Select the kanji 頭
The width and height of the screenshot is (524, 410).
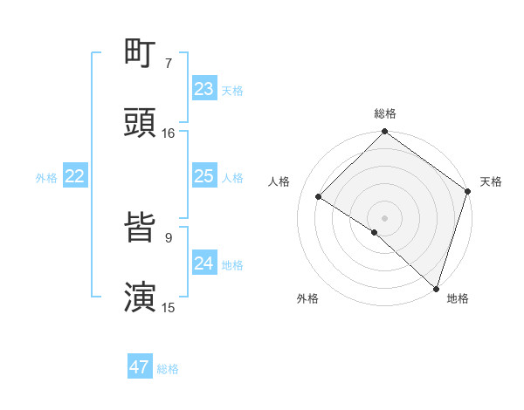140,122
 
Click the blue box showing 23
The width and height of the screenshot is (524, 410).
204,89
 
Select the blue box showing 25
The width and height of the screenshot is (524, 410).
204,176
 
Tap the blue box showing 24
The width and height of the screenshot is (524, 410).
204,263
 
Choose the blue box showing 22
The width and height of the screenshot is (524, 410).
75,176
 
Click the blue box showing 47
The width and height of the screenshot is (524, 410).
140,367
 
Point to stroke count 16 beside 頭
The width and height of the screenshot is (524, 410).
169,133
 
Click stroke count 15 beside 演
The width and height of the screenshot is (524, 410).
169,307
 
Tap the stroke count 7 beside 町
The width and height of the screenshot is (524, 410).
169,63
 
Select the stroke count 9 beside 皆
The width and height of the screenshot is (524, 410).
169,237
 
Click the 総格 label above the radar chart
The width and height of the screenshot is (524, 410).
384,113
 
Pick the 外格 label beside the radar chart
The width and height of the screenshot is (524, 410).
307,298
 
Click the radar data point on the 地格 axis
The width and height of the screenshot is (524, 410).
436,288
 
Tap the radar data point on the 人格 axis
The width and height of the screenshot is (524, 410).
319,197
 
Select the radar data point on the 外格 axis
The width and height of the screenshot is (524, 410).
374,232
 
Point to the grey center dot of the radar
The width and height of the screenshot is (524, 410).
384,217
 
